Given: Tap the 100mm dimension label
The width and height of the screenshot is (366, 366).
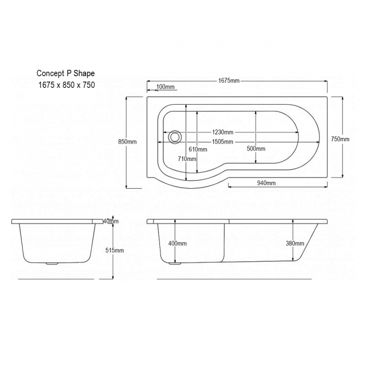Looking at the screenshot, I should pos(166,87).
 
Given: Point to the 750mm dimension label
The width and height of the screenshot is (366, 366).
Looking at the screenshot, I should pos(340,139).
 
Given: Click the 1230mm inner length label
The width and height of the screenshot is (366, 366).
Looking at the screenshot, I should pos(223,133).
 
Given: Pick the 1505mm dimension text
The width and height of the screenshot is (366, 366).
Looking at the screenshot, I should pos(223,141).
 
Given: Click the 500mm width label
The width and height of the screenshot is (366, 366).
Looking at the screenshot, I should pos(256,149).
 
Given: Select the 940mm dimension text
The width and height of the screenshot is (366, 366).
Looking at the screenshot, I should pos(266,184).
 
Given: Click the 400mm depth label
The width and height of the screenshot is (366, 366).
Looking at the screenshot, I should pos(177,243).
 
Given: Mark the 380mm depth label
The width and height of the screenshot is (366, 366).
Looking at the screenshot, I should pos(294,243).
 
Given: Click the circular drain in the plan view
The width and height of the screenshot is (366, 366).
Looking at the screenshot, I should pos(176,136).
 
